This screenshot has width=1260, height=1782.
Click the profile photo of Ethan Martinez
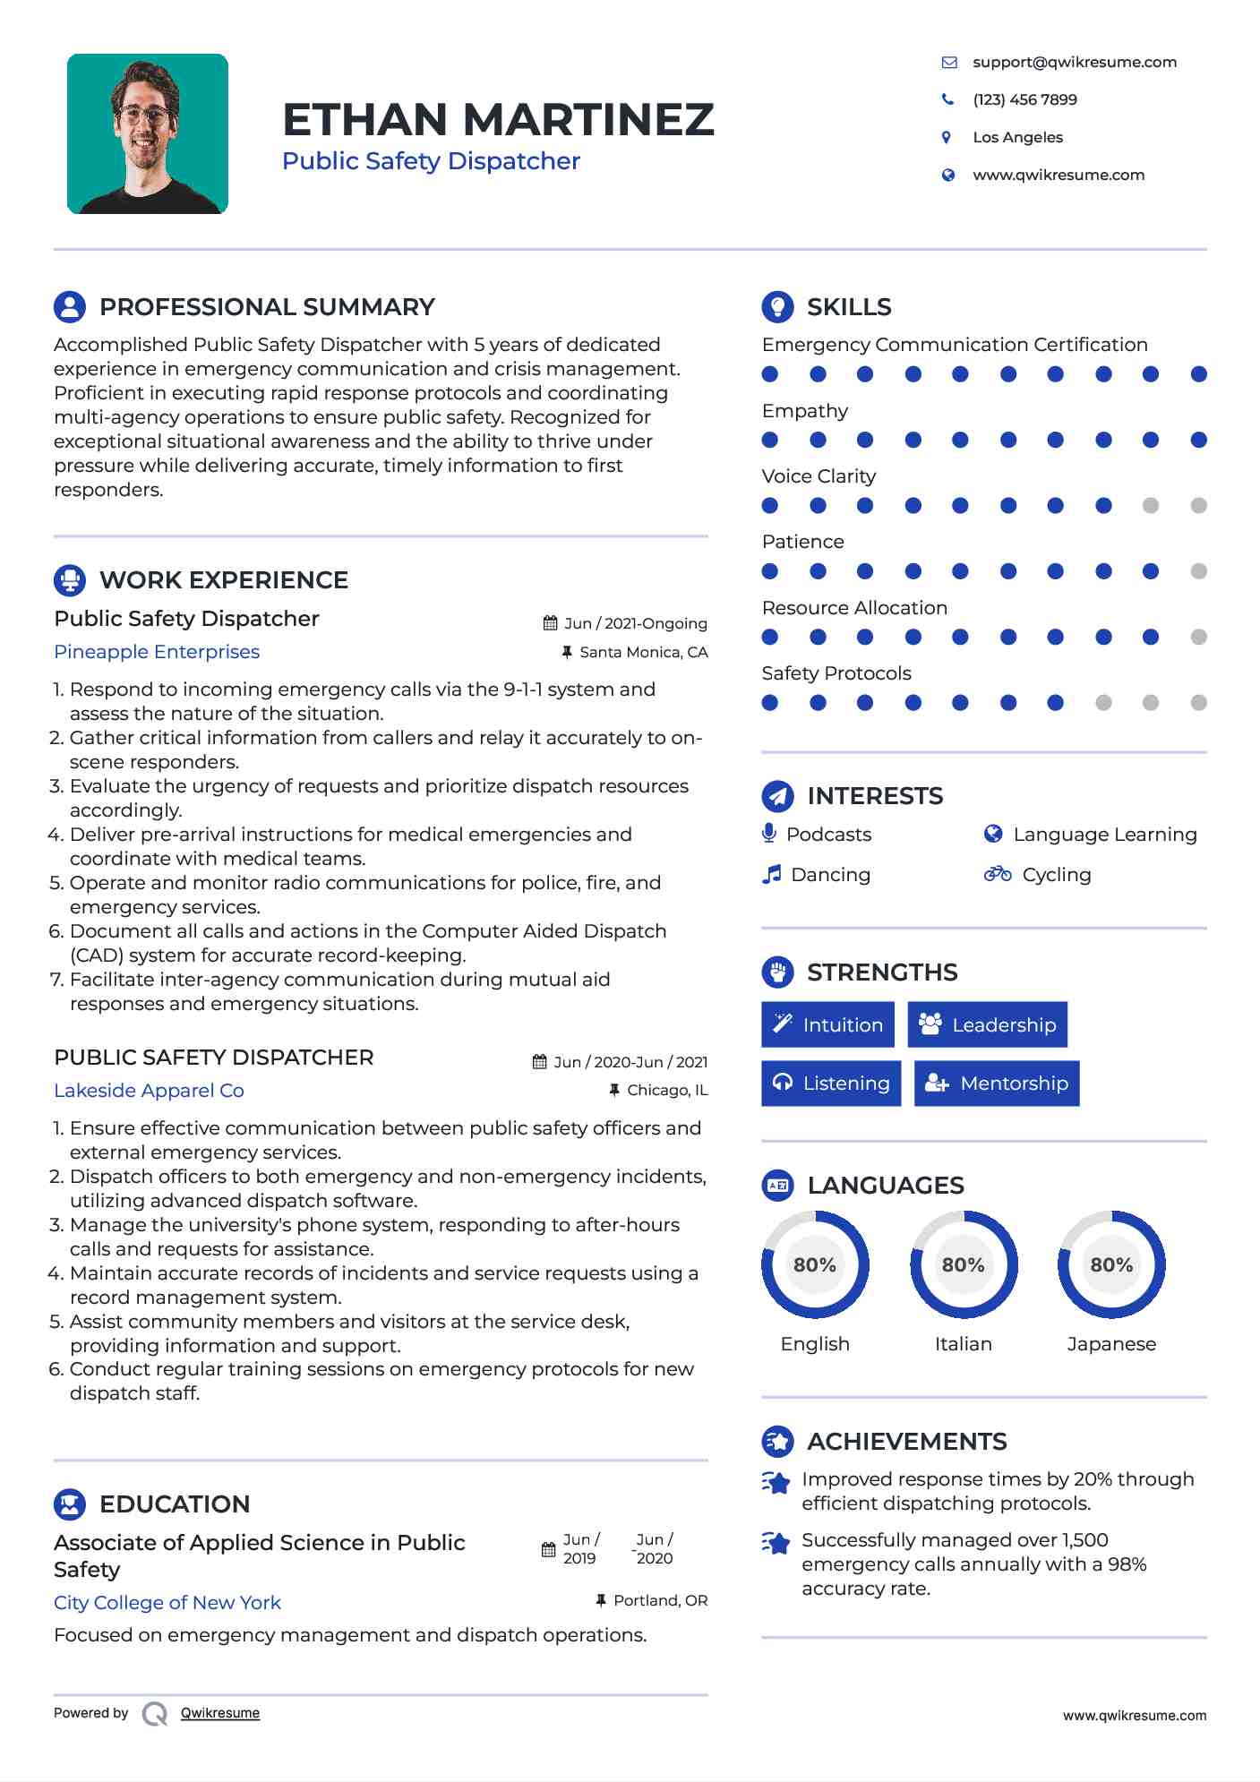point(148,133)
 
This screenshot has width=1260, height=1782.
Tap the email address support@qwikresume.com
point(1074,62)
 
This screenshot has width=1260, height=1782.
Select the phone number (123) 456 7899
point(1024,99)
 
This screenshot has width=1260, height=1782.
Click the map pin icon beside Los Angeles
point(947,137)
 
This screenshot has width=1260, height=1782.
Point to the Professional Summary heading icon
point(70,306)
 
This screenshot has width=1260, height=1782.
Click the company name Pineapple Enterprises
point(157,652)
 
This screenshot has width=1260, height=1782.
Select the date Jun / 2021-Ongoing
point(635,623)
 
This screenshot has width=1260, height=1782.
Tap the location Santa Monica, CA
point(643,652)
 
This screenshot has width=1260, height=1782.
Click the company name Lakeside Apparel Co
point(149,1091)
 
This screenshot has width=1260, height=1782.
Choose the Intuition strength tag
point(827,1024)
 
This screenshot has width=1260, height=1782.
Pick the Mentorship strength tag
point(997,1084)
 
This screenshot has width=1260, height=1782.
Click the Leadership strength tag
point(987,1024)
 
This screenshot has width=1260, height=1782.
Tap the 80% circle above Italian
point(964,1264)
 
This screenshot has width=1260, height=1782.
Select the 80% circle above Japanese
point(1111,1264)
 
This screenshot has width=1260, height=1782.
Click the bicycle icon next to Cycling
point(997,874)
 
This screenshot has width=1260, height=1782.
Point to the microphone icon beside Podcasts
point(768,834)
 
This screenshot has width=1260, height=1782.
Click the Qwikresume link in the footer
point(220,1713)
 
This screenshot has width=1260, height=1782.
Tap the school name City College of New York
point(167,1603)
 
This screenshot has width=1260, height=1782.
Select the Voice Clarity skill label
point(819,476)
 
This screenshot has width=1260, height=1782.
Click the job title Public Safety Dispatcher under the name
point(431,161)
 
